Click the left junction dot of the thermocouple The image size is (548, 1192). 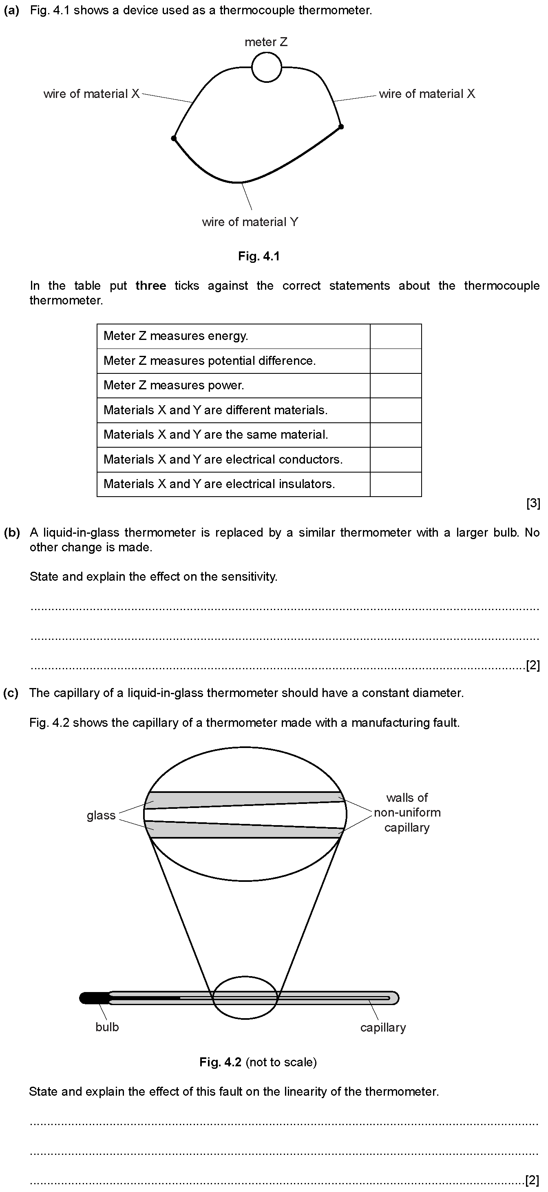174,138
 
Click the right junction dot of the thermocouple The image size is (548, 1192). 341,127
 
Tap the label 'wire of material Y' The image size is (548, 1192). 250,222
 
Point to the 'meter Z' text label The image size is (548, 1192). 266,42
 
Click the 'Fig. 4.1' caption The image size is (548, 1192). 259,256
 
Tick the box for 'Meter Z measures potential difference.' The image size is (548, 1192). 396,361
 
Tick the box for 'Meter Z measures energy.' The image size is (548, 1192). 396,336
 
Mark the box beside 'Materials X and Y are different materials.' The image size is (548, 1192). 396,411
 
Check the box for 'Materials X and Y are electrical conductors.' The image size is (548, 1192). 396,459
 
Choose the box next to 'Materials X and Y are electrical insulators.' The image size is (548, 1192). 396,484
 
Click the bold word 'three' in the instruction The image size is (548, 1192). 151,286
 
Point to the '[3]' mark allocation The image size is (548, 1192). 533,504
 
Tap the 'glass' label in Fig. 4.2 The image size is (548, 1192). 101,815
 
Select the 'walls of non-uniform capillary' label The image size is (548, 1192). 407,812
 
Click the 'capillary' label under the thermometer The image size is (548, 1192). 383,1028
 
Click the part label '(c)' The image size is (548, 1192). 11,693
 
